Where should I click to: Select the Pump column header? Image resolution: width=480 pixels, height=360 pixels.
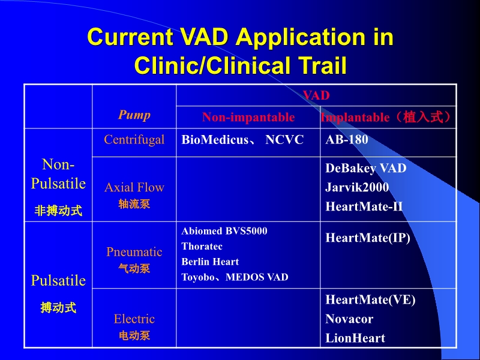pos(134,115)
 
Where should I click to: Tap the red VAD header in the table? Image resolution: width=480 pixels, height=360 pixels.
pos(316,95)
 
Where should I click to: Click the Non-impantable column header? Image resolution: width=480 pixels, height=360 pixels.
pos(248,117)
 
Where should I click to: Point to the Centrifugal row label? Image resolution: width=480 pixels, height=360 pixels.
pos(134,140)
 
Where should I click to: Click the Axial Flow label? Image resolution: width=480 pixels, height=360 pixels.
pos(134,187)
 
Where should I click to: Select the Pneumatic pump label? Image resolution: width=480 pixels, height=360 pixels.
pos(134,252)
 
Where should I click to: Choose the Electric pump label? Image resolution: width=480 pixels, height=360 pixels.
pos(134,319)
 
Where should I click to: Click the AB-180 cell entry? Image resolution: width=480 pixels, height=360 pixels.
pos(347,140)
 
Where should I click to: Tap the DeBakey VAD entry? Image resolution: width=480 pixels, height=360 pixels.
pos(366,168)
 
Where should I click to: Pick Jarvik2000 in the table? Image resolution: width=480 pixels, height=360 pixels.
pos(357,187)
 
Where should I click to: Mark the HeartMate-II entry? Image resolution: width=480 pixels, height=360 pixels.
pos(364,206)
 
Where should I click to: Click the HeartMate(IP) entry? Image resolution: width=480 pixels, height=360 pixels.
pos(368,238)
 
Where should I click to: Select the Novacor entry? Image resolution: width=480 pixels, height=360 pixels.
pos(349,319)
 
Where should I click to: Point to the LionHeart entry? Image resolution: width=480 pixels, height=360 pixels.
pos(355,338)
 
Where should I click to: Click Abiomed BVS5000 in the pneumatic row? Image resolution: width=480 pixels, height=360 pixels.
pos(224,231)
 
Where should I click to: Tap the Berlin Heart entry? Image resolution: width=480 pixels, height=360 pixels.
pos(210,262)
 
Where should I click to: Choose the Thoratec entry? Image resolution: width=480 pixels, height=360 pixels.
pos(202,247)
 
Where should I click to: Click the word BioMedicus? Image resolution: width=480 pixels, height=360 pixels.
pos(215,140)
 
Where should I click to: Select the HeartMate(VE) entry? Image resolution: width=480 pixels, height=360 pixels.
pos(370,299)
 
